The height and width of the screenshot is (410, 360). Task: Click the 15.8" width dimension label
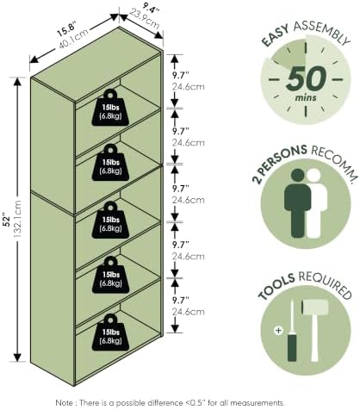[66, 29]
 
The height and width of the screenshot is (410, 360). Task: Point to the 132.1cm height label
[17, 219]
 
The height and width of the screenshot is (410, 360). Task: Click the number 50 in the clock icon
[306, 78]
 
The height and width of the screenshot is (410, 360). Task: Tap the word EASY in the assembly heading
[276, 36]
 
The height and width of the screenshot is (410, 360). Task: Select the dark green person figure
[298, 203]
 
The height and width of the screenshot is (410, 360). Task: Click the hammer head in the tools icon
[315, 307]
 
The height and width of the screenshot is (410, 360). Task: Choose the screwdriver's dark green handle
[292, 347]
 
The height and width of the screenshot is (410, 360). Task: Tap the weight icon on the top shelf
[110, 108]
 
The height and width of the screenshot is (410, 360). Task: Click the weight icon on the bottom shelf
[110, 332]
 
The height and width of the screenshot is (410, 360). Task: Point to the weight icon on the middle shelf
[110, 220]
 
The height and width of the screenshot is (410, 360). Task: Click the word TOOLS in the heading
[276, 287]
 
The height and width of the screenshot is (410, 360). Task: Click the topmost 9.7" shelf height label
[181, 75]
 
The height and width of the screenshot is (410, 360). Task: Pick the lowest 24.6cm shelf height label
[189, 312]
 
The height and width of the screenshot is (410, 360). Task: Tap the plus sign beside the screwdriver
[278, 331]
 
